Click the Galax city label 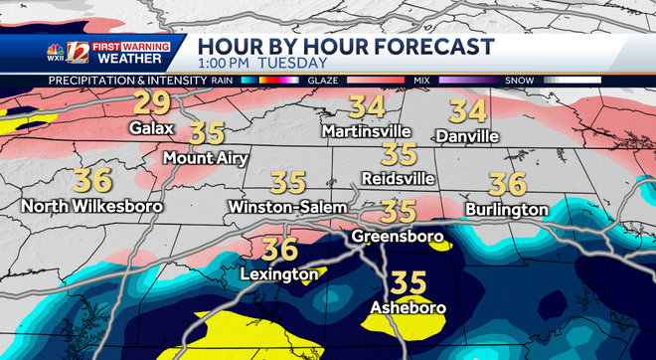coord(152,128)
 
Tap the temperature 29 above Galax coord(153,103)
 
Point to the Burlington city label coord(506,210)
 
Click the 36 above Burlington coord(507,183)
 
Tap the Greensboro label coord(395,238)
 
